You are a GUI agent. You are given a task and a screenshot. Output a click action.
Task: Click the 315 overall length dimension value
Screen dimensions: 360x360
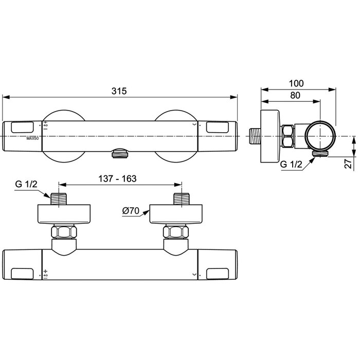119,91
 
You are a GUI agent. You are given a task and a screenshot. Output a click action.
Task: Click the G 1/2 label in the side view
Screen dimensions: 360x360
291,165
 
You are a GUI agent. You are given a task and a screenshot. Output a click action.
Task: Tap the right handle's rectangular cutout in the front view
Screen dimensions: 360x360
218,126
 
